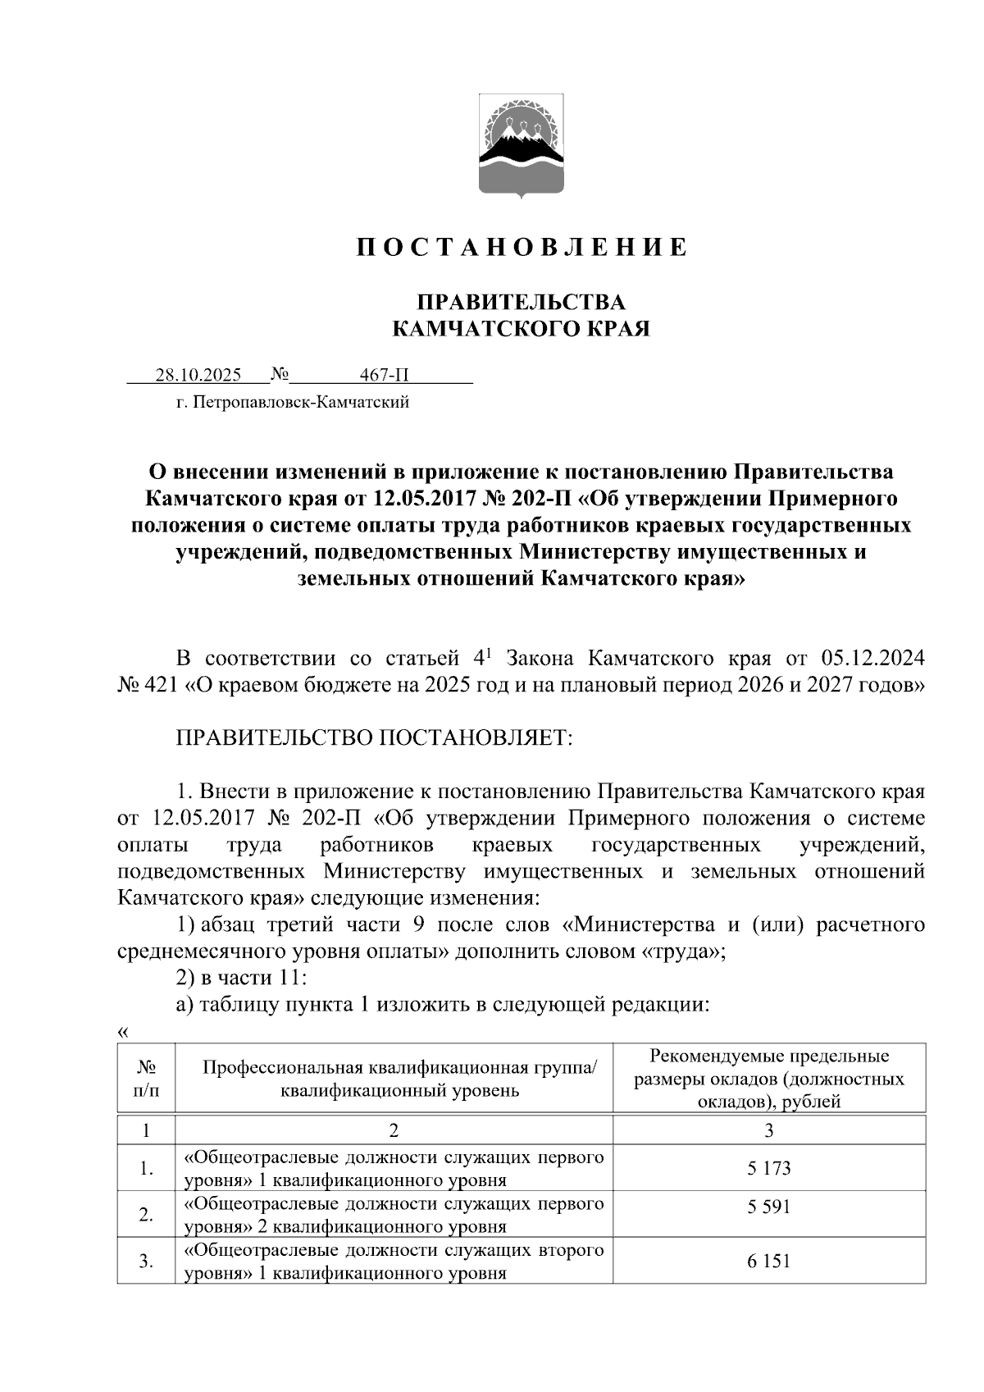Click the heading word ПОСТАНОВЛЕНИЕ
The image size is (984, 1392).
point(522,248)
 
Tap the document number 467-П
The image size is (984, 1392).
point(384,376)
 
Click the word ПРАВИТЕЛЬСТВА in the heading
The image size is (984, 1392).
point(522,302)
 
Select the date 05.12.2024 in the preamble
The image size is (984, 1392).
point(872,659)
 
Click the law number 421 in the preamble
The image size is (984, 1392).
point(162,685)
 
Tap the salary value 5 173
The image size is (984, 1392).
point(768,1168)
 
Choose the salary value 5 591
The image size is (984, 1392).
point(768,1207)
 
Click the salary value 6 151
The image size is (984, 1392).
point(768,1261)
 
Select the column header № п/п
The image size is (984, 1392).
point(146,1078)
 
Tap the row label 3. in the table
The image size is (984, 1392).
point(146,1262)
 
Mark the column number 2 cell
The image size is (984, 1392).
point(394,1130)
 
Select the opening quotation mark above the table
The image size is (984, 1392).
point(123,1032)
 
